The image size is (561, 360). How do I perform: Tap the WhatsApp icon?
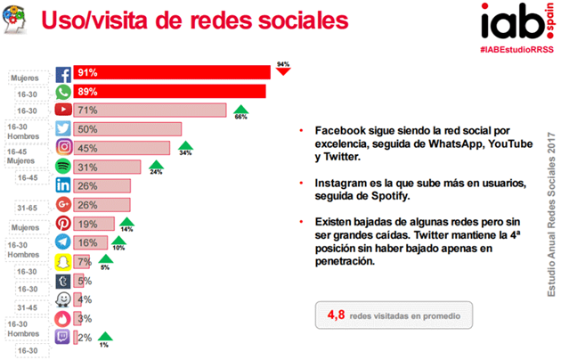coord(64,91)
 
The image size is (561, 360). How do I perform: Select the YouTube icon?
coord(64,110)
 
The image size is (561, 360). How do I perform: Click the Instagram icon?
coord(64,147)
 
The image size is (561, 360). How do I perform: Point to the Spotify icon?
coord(64,167)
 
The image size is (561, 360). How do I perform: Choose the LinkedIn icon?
coord(64,185)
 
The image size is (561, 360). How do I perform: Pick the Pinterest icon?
coord(64,225)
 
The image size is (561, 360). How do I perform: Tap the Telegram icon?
coord(64,242)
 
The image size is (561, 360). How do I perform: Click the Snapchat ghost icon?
coord(64,261)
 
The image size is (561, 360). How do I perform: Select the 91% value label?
coord(88,73)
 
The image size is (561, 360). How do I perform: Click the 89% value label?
coord(88,91)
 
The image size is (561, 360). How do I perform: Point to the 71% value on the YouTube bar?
coord(88,110)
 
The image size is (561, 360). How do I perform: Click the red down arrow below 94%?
coord(282,73)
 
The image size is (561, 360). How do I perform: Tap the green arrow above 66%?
coord(240,108)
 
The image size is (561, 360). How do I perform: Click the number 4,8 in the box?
coord(337,314)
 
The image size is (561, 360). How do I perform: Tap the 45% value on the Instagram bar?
coord(88,147)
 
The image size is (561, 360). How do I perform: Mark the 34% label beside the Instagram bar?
coord(185,152)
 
